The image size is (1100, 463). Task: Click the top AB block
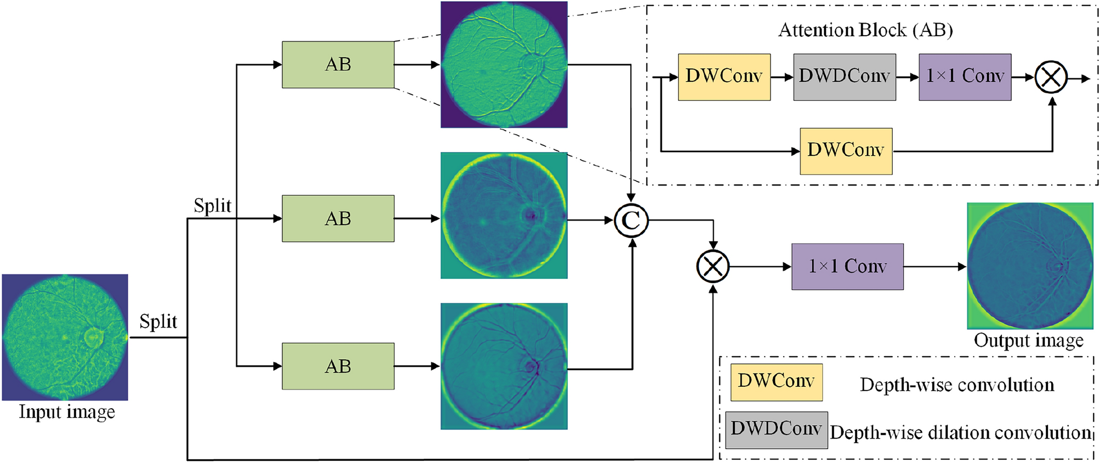coord(338,65)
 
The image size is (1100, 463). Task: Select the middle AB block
coord(338,218)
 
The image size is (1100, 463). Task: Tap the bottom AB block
coord(338,366)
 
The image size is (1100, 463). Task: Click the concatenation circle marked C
coord(631,221)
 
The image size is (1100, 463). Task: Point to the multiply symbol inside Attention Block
coord(1051,78)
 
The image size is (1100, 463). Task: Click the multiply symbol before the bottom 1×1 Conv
coord(713,267)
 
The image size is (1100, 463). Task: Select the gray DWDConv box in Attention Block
coord(844,77)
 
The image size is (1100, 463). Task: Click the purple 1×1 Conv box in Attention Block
coord(965,77)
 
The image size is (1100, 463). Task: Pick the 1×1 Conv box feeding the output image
coord(847,267)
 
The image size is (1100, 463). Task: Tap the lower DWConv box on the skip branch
coord(846,151)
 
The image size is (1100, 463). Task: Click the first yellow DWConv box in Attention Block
coord(724,77)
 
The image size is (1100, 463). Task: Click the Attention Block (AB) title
coord(865,30)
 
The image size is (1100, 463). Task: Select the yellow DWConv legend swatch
coord(776,382)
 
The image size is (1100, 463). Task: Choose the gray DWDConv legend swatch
coord(776,430)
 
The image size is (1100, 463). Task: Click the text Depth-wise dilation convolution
coord(960,433)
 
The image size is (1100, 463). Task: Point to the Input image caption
coord(67,412)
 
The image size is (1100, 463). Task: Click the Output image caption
coord(1028,341)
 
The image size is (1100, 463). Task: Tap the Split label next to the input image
coord(158,321)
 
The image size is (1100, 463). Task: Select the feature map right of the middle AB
coord(504,216)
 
